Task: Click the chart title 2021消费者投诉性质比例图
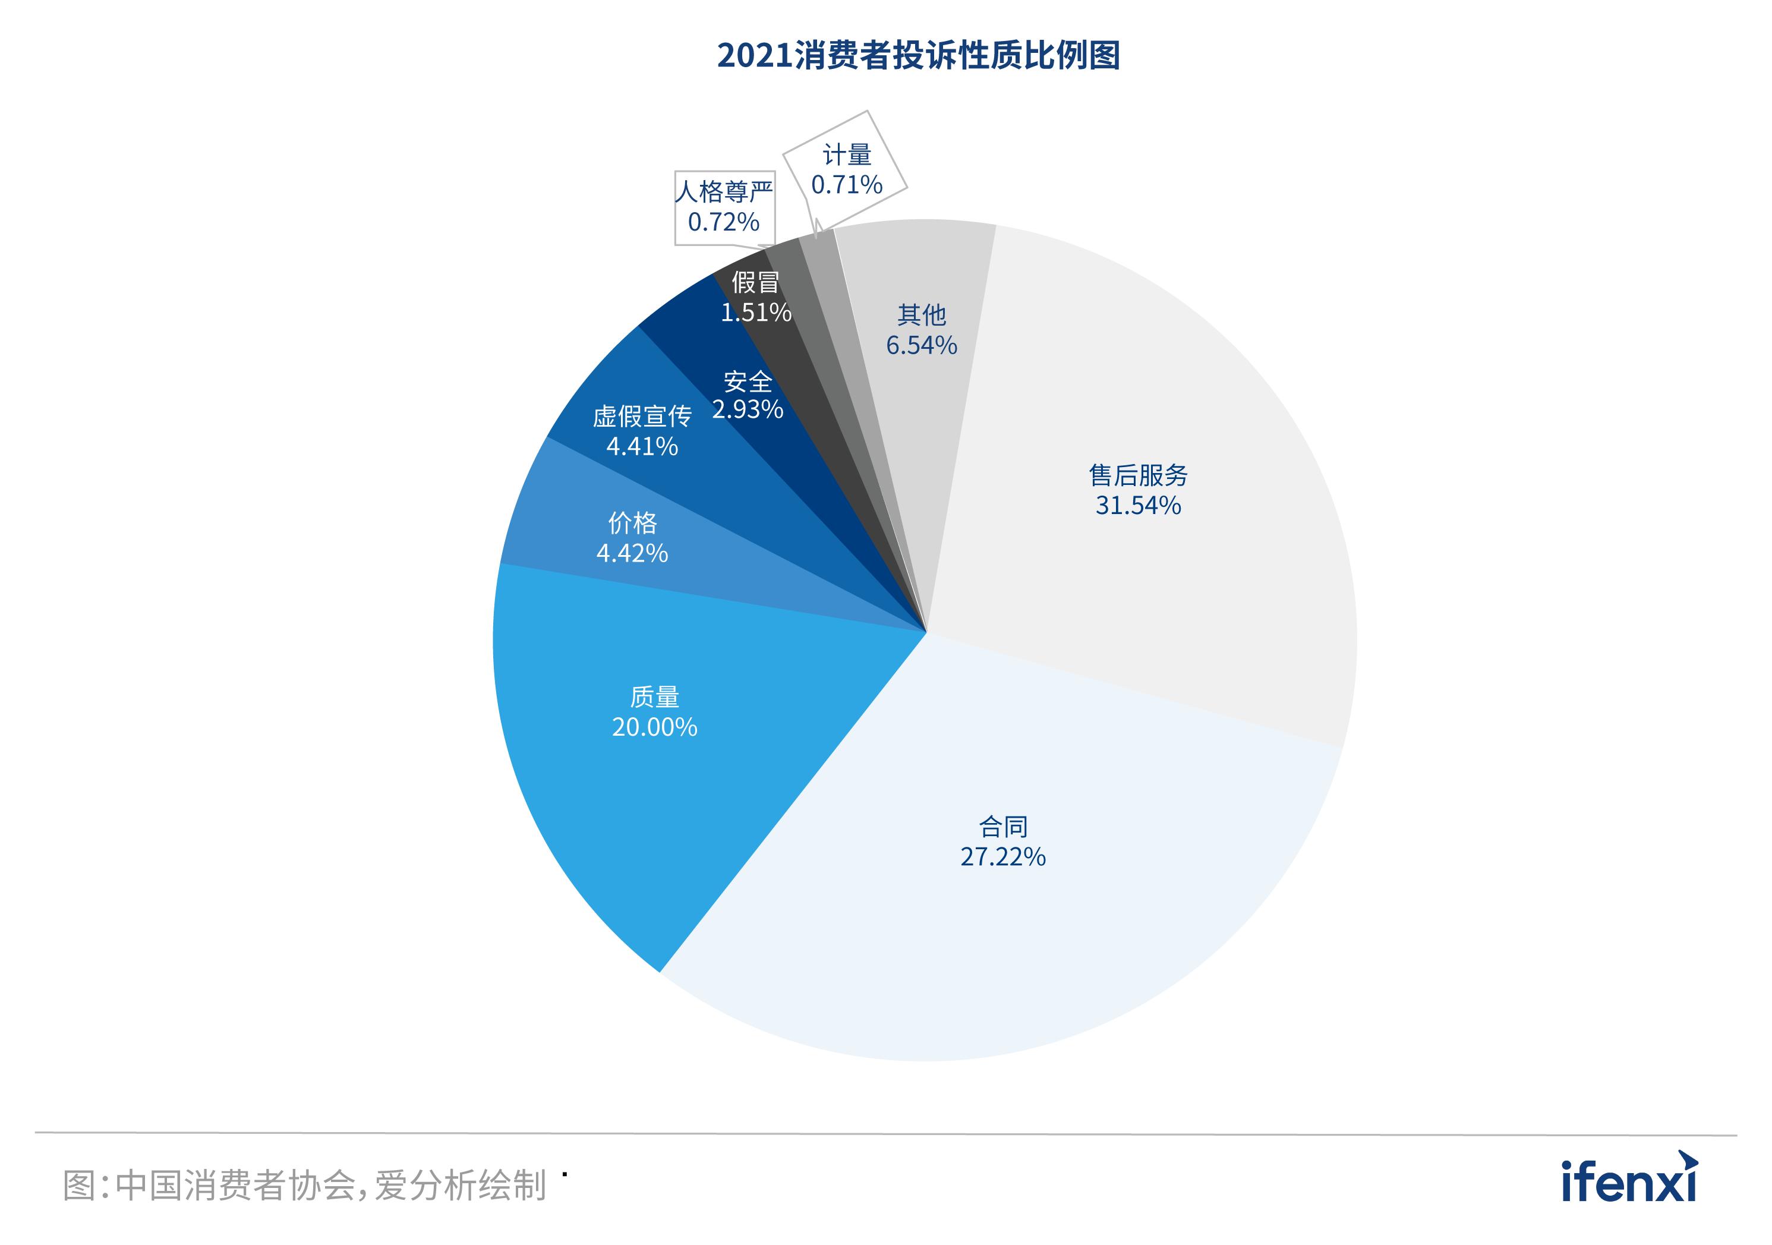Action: click(x=919, y=56)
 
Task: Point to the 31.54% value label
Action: click(x=1139, y=506)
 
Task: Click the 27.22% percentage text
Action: click(x=1002, y=857)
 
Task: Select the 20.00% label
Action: click(x=654, y=727)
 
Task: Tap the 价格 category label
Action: click(x=633, y=524)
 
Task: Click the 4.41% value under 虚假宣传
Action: click(x=642, y=446)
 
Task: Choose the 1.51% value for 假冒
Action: click(x=756, y=313)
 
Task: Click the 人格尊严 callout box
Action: click(x=724, y=207)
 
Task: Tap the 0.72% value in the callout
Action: click(x=724, y=222)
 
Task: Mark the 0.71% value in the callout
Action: click(x=847, y=184)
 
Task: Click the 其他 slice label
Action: click(x=922, y=315)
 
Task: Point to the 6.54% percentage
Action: click(x=922, y=345)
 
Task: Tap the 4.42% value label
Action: click(x=632, y=553)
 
